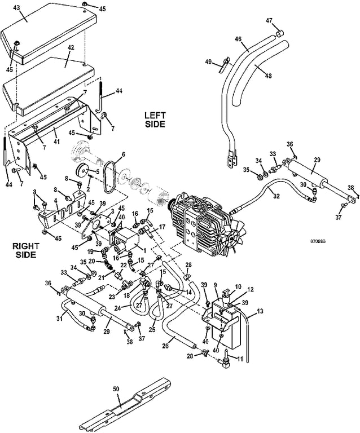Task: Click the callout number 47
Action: pyautogui.click(x=269, y=20)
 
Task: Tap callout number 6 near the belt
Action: pyautogui.click(x=123, y=154)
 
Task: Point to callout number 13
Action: pyautogui.click(x=260, y=311)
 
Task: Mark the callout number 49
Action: pyautogui.click(x=209, y=61)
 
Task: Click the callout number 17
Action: pyautogui.click(x=162, y=228)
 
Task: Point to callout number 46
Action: pyautogui.click(x=238, y=39)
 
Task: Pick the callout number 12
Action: pyautogui.click(x=251, y=289)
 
